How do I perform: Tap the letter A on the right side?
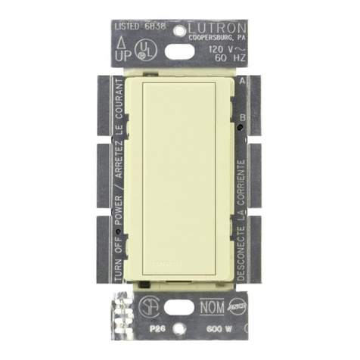[x=241, y=79]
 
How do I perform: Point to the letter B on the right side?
[x=241, y=117]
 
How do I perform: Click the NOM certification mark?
[x=212, y=308]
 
